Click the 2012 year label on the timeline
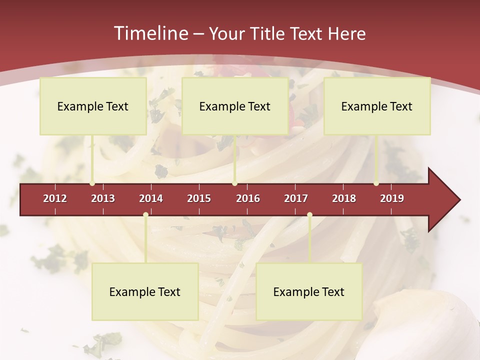click(55, 198)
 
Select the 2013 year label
click(103, 198)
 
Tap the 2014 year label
click(151, 198)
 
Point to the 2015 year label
click(199, 198)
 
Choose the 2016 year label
click(248, 198)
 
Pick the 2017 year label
click(296, 198)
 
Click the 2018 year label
click(344, 198)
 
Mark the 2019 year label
click(392, 198)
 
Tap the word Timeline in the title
click(150, 33)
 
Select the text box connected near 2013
click(93, 106)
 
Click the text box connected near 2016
click(235, 106)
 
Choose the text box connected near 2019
click(377, 106)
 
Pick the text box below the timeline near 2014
click(145, 291)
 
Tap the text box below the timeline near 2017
click(309, 291)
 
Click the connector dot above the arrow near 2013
click(92, 183)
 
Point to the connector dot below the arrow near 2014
click(145, 215)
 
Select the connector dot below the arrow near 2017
click(309, 215)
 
